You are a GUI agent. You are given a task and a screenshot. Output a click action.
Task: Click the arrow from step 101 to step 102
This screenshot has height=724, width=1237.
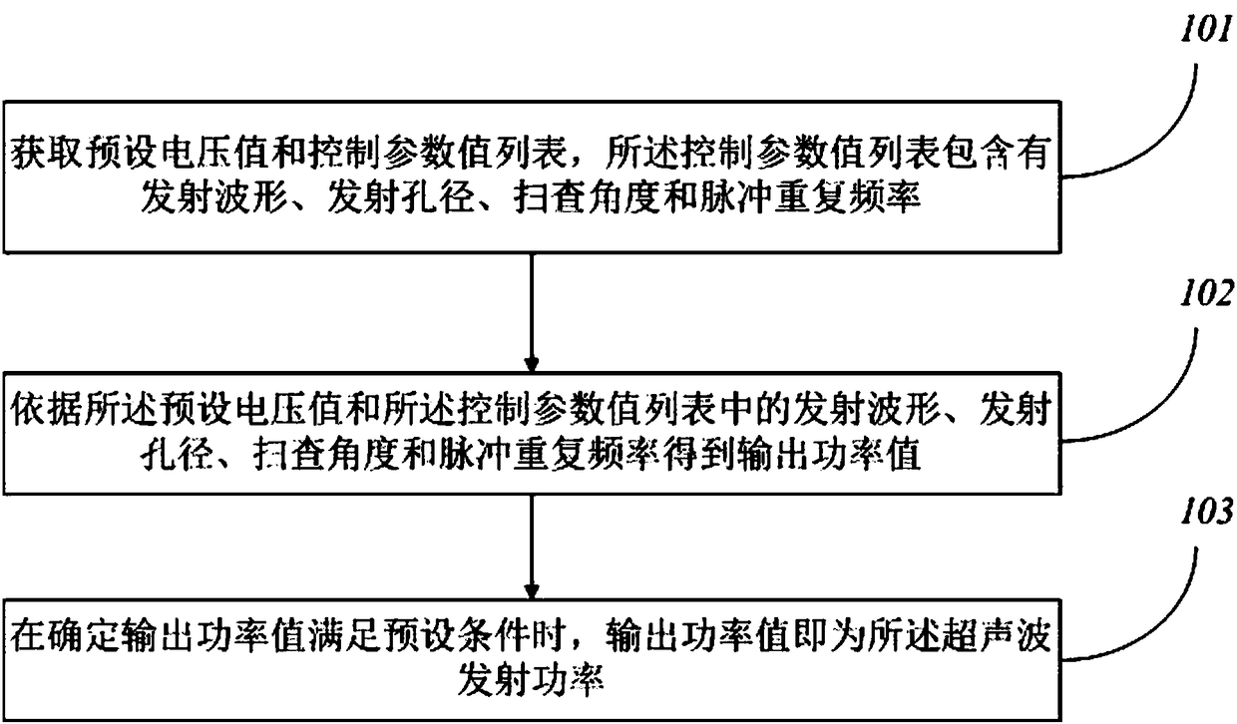coord(531,309)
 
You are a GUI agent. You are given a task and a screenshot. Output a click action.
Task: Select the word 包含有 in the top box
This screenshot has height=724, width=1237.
coord(1021,159)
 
